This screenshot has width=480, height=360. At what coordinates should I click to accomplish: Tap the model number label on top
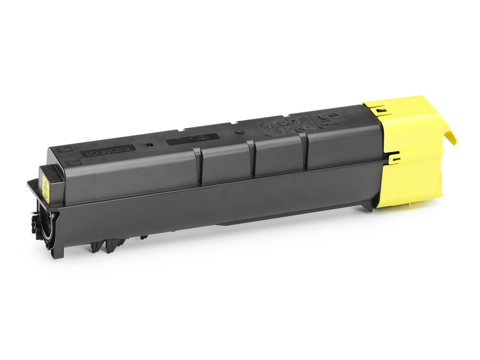pos(192,139)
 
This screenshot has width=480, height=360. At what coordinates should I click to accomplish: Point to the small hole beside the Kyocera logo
pos(149,145)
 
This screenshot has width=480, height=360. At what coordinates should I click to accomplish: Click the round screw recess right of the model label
pos(238,132)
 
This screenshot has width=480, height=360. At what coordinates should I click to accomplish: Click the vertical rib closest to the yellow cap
pos(305,151)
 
